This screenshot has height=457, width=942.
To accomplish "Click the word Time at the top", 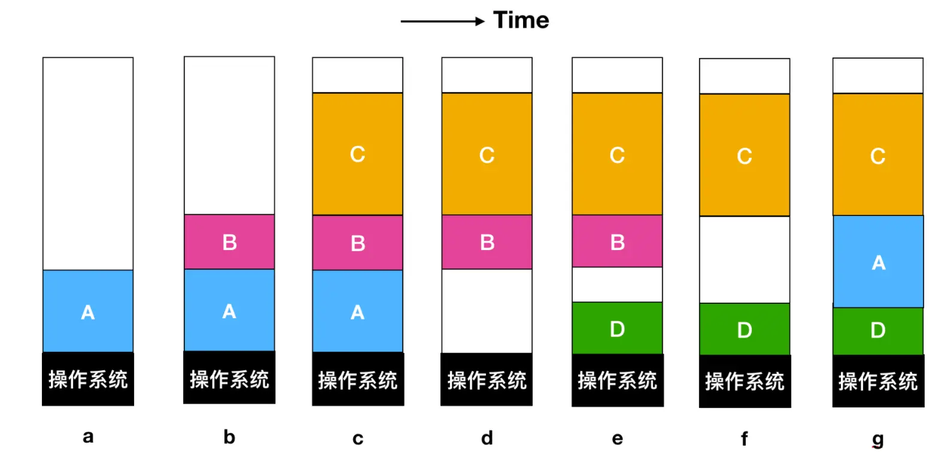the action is (521, 20).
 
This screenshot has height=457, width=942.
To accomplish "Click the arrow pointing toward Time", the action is (442, 22).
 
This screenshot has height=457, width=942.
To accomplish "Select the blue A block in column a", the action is (88, 311).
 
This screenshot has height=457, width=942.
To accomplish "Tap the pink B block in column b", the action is (229, 242).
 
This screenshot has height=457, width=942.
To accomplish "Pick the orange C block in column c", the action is (357, 154).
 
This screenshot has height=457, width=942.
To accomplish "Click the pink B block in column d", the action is (487, 242).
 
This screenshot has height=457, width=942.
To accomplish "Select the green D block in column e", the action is (617, 328).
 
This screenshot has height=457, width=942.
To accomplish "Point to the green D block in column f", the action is (745, 329).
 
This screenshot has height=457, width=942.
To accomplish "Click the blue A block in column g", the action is (878, 261).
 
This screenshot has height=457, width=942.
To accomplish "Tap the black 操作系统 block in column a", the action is (88, 379).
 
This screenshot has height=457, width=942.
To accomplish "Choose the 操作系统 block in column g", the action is (878, 381).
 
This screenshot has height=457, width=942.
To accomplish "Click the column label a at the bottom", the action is (88, 437).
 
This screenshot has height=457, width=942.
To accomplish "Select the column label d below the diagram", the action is (487, 438).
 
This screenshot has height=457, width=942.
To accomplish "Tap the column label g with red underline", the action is (877, 439).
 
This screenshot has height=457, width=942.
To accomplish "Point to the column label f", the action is (744, 438).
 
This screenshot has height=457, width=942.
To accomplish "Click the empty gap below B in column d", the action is (487, 311).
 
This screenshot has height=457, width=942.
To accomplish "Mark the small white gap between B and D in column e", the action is (617, 285).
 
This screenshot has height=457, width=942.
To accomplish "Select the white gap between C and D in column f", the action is (745, 260).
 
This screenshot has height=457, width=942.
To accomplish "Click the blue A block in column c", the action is (357, 311).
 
